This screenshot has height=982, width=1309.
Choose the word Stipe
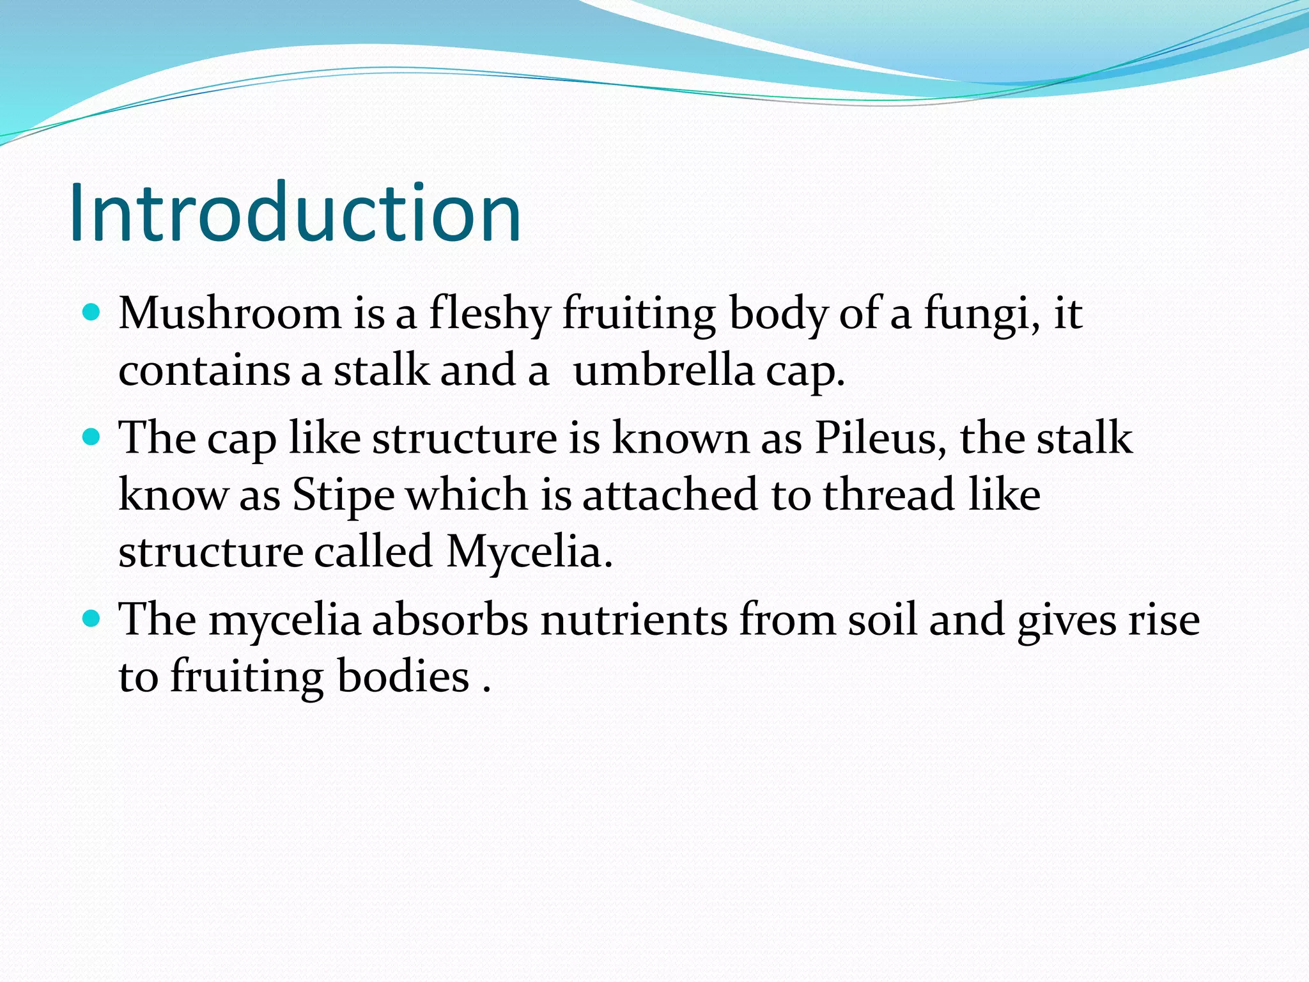(343, 495)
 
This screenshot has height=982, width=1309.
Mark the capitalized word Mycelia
(528, 551)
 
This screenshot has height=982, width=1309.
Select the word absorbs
(450, 620)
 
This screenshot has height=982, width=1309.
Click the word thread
(888, 494)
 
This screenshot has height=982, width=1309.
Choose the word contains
(204, 371)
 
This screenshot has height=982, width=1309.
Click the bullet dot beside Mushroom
(92, 313)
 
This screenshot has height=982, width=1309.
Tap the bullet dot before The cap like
(92, 437)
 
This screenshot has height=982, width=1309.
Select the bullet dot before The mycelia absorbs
(92, 619)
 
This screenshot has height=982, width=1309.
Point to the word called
(373, 551)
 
